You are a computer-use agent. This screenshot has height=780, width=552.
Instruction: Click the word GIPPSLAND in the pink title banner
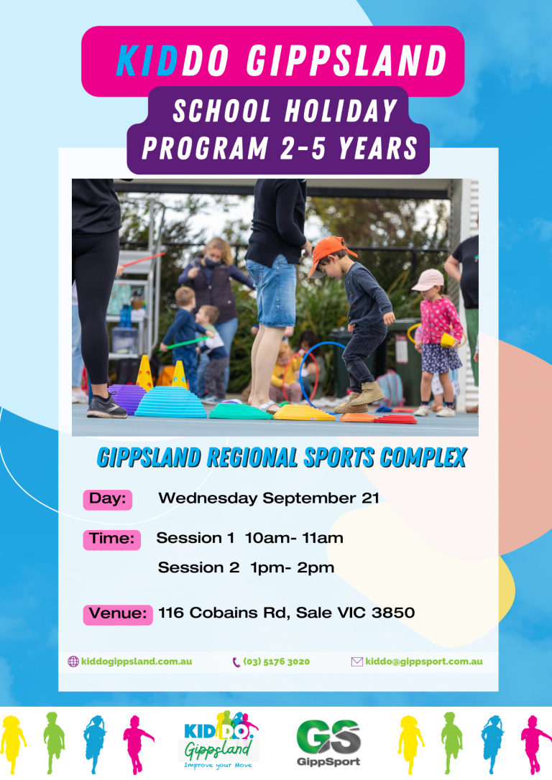tap(347, 60)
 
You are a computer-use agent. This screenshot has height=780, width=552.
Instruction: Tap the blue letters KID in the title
tap(147, 60)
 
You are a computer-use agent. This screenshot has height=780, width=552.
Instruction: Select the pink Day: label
tap(108, 499)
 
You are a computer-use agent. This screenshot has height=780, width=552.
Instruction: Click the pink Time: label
tap(112, 539)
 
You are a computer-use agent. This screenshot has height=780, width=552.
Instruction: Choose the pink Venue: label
tap(118, 614)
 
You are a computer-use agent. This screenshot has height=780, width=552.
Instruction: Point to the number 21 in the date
tap(370, 498)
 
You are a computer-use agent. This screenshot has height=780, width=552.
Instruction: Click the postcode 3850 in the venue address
tap(393, 613)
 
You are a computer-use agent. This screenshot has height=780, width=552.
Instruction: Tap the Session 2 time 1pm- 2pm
tap(293, 567)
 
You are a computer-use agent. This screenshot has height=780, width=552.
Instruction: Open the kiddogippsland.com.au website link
tap(137, 661)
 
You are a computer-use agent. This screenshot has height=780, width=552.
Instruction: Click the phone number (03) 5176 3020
tap(276, 661)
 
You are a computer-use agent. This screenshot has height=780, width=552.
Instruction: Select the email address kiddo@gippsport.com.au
tap(424, 661)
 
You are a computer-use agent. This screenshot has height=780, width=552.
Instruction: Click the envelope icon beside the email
tap(357, 661)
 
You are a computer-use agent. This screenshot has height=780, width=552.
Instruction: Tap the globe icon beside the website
tap(73, 661)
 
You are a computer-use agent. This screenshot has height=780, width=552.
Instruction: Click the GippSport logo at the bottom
tap(328, 743)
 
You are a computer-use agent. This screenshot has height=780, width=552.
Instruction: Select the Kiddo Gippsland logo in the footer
tap(219, 740)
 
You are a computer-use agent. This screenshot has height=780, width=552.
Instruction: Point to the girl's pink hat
tap(428, 280)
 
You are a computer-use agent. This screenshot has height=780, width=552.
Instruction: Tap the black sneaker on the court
tap(106, 407)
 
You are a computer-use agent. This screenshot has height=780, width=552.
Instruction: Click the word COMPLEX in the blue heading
tap(423, 458)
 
